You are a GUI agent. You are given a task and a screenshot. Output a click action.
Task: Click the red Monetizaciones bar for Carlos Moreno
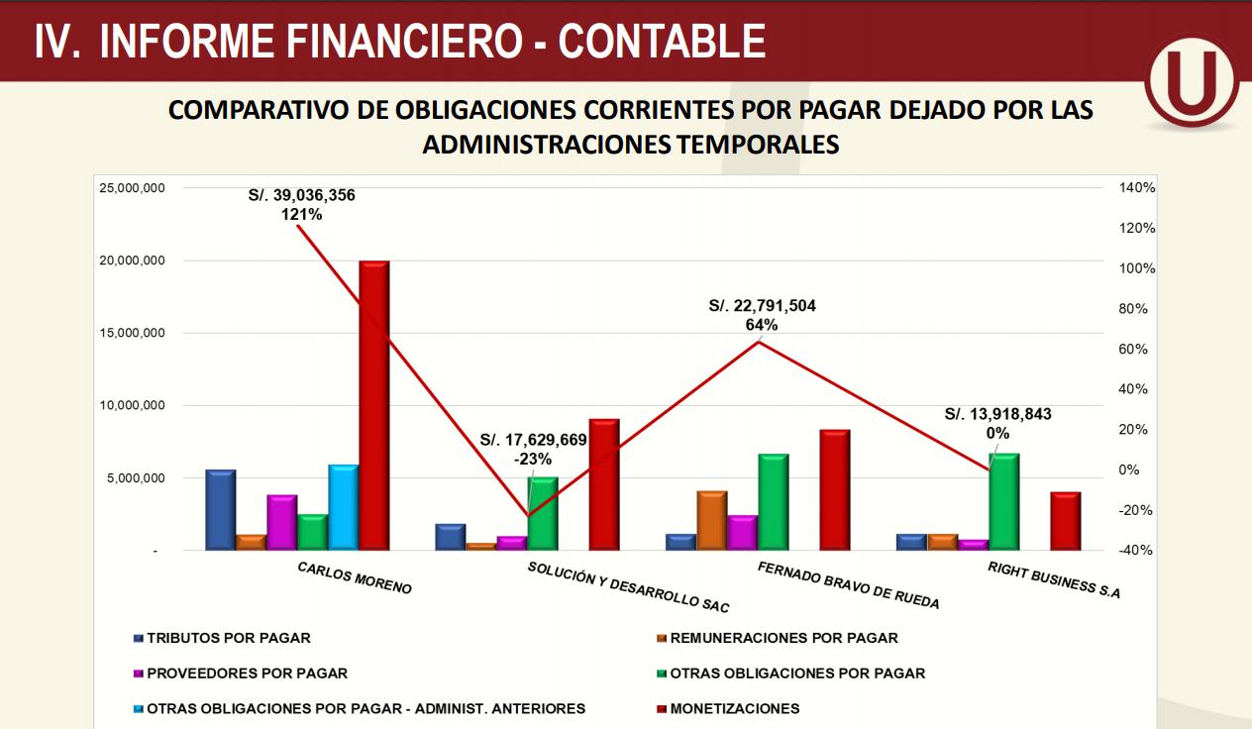click(x=373, y=405)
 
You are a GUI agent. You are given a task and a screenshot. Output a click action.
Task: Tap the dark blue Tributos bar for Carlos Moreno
click(x=221, y=509)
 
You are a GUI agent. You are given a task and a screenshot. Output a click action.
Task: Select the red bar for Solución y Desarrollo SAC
click(x=603, y=484)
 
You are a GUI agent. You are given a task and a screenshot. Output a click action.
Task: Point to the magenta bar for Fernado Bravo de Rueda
click(x=742, y=532)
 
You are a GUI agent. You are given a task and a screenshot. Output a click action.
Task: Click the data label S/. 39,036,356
click(x=301, y=196)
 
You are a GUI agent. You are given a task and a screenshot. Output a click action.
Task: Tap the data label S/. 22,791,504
click(x=762, y=306)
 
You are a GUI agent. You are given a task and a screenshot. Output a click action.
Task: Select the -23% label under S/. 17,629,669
click(x=533, y=459)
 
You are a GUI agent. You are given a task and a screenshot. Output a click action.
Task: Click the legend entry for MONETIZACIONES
click(x=734, y=708)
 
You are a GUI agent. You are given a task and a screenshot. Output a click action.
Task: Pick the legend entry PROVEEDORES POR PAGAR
click(x=247, y=673)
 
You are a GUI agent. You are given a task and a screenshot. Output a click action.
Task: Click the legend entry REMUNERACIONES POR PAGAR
click(x=783, y=638)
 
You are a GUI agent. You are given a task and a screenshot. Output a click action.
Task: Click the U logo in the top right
click(x=1192, y=86)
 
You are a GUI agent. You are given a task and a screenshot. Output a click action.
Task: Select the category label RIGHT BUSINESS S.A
click(x=1054, y=581)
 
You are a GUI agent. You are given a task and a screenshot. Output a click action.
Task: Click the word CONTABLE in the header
click(x=662, y=41)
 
